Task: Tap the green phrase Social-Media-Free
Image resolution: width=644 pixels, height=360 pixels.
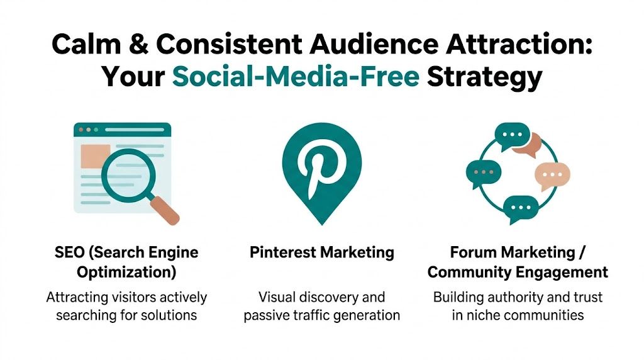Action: (x=296, y=77)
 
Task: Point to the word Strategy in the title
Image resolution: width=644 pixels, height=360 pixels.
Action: (x=484, y=77)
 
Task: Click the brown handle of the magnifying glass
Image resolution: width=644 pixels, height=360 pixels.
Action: (x=165, y=210)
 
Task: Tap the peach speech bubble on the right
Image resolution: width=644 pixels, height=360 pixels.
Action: (x=552, y=176)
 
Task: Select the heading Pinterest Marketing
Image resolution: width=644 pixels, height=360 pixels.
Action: (x=321, y=253)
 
